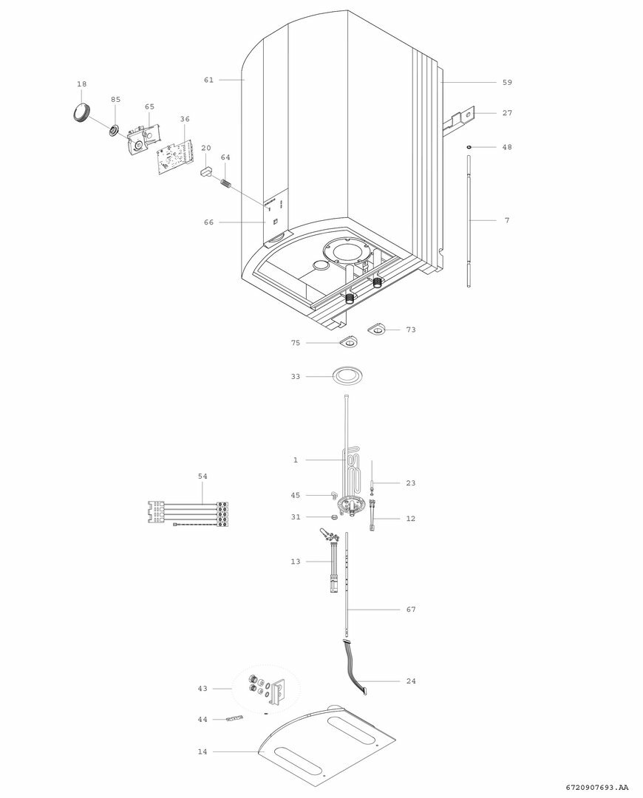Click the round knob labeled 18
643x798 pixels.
81,112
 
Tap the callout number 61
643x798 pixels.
209,80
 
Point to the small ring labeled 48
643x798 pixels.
469,147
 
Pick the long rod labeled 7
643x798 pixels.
469,220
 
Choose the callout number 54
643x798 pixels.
203,477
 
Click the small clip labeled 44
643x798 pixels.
234,718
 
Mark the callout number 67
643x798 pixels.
411,610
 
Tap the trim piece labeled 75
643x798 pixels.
347,341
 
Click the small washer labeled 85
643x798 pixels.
114,131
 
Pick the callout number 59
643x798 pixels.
507,83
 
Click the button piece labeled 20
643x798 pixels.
204,172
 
